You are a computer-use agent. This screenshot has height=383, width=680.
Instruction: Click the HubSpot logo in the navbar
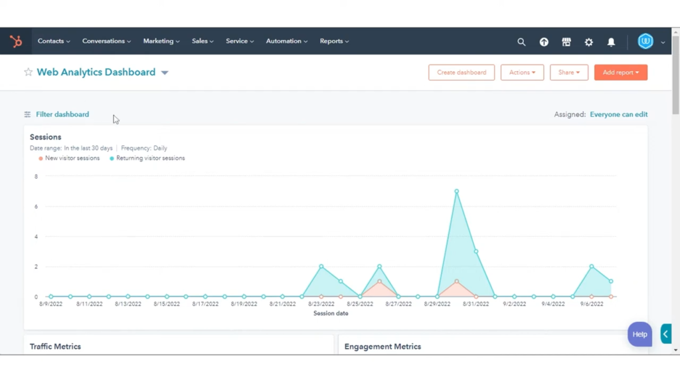click(x=16, y=41)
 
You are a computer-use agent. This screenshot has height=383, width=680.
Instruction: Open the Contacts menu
click(x=53, y=41)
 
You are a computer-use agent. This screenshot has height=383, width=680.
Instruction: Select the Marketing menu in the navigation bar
click(x=161, y=41)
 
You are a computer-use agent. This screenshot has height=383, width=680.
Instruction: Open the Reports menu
click(x=334, y=41)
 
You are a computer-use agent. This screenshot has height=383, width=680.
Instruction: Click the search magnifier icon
click(x=521, y=42)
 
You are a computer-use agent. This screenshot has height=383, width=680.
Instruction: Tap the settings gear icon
click(x=588, y=42)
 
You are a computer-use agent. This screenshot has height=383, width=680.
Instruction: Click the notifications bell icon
click(x=611, y=42)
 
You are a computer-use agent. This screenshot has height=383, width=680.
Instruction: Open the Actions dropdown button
click(x=522, y=72)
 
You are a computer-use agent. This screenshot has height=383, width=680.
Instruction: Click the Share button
click(x=569, y=72)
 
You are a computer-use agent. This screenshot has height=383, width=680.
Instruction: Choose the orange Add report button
click(x=620, y=72)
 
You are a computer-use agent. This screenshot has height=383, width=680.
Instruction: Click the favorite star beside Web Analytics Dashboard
click(x=28, y=72)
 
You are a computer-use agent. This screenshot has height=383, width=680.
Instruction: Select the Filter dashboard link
click(x=62, y=114)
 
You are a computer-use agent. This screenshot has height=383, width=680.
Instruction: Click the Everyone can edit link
click(x=618, y=114)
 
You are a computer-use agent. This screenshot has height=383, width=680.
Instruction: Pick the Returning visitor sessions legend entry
click(x=150, y=158)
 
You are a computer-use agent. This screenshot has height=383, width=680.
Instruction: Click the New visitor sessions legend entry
click(x=72, y=158)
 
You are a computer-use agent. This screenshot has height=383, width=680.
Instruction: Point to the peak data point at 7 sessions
click(x=457, y=191)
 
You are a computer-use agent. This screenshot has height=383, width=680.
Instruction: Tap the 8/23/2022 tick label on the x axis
click(x=321, y=304)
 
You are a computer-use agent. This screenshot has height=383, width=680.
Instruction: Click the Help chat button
click(x=639, y=334)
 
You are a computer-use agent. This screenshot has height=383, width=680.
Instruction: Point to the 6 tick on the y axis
click(x=36, y=207)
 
